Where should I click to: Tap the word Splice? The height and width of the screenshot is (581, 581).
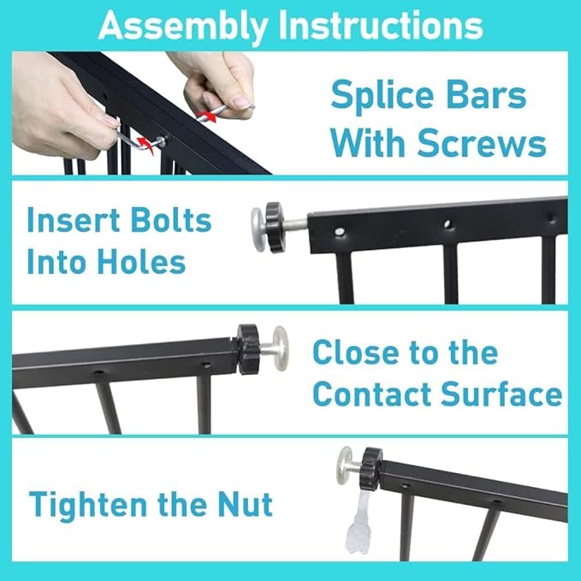tap(382, 96)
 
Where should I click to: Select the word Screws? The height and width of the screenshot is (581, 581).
tap(482, 144)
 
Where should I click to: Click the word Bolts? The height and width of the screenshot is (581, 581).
tap(171, 221)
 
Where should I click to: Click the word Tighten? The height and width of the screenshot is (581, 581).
tap(88, 506)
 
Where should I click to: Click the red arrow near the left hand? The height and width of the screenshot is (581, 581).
tap(145, 145)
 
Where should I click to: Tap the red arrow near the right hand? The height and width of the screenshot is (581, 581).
tap(206, 115)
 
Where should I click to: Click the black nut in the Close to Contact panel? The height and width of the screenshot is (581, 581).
tap(248, 348)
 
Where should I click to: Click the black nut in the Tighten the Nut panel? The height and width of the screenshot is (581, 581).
tap(371, 468)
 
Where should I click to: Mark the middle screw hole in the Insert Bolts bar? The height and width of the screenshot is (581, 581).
tap(448, 224)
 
